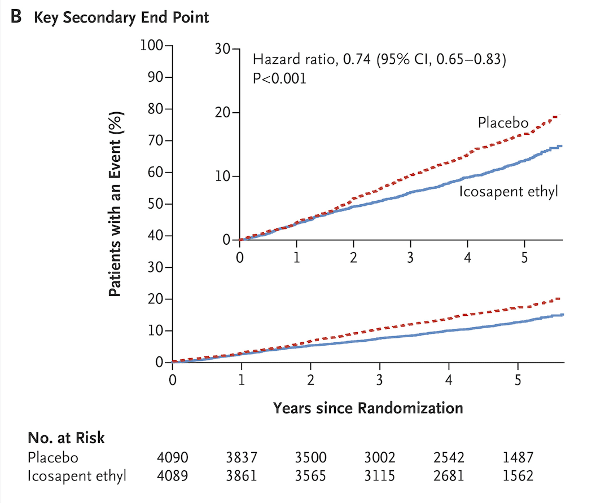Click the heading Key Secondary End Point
pos(121,17)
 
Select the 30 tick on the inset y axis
pos(223,50)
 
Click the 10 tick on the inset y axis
pos(223,177)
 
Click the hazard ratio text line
pos(379,59)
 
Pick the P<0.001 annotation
pos(279,78)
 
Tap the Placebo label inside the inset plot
pos(503,122)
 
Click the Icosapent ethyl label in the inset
pos(508,191)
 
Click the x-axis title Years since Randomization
pos(368,408)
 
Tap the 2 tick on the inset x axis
pos(353,258)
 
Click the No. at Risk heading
pos(66,438)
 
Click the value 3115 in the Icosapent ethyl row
pos(379,476)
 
